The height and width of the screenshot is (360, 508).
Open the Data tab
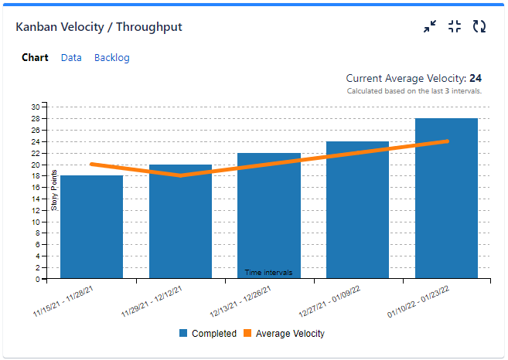tap(71, 58)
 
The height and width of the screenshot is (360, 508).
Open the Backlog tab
tap(112, 58)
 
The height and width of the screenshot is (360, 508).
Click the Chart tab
tap(35, 58)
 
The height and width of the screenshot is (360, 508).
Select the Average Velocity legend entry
tap(284, 334)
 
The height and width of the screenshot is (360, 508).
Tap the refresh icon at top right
tap(479, 27)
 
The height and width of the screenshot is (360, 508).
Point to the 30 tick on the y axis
tap(36, 107)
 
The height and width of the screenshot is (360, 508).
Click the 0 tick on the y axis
tap(37, 278)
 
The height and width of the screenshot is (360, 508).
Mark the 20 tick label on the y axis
tap(36, 164)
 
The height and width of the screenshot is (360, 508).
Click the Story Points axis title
tap(54, 190)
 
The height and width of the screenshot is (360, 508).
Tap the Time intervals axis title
tap(268, 272)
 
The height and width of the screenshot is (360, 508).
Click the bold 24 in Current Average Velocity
tap(476, 78)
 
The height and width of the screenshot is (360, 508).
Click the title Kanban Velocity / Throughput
tap(99, 27)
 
